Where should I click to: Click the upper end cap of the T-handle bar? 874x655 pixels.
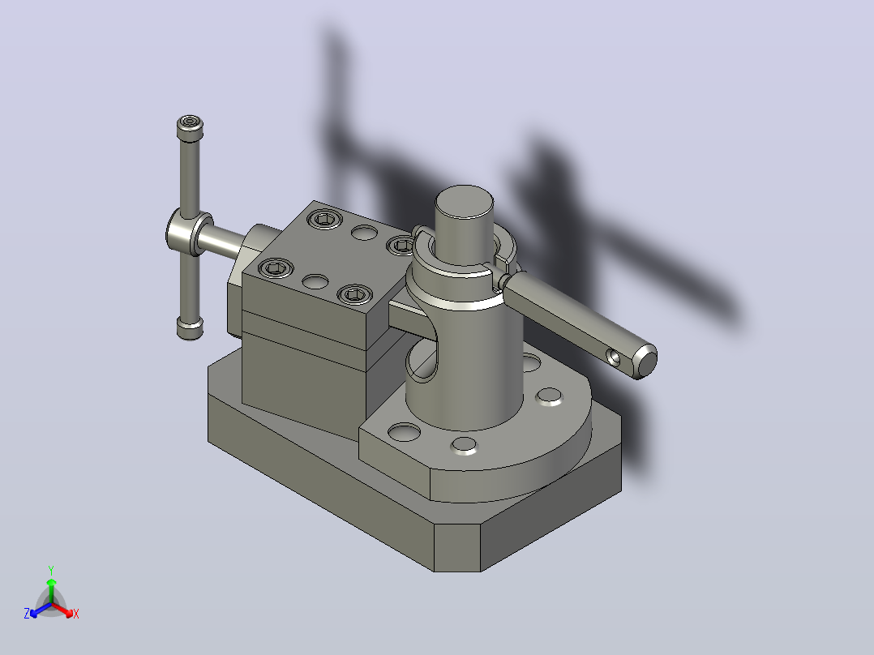pos(190,127)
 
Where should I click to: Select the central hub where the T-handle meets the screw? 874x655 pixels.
pos(188,233)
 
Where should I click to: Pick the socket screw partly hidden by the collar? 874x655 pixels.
pos(401,245)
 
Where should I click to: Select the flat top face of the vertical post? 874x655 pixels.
pos(464,202)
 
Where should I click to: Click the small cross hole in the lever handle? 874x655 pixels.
pos(614,357)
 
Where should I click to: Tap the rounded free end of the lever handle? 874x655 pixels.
pos(646,362)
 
